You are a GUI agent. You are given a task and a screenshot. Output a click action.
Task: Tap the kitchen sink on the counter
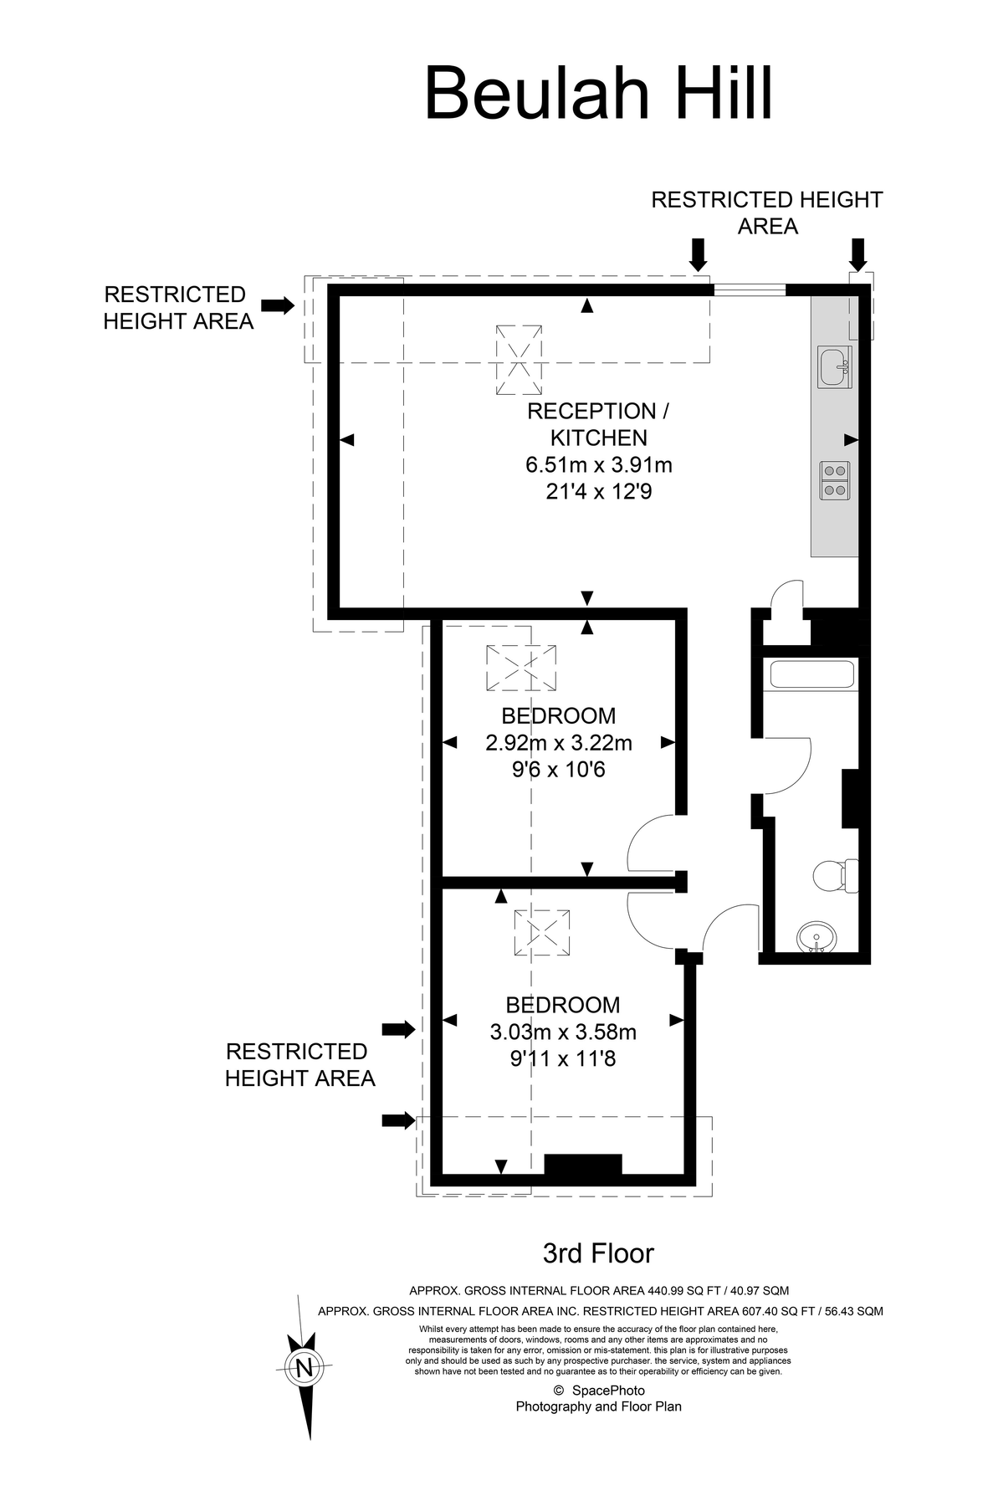point(834,368)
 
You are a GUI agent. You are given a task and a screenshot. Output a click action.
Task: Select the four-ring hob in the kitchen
point(834,480)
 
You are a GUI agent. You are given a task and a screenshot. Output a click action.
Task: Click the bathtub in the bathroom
point(811,675)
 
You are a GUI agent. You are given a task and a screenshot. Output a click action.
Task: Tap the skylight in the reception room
point(519,361)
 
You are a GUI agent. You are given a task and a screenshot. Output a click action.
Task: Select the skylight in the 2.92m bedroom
point(521,668)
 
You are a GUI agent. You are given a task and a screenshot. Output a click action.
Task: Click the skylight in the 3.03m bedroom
point(543,933)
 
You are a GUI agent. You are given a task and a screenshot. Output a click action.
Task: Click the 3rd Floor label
point(598,1252)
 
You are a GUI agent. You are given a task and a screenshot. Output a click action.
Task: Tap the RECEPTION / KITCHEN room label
point(598,424)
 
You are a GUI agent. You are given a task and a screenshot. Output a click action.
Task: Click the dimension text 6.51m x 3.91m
point(598,465)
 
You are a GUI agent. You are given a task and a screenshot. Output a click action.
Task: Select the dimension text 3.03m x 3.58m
point(563,1032)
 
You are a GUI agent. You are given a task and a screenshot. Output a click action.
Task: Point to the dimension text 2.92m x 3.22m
point(558,742)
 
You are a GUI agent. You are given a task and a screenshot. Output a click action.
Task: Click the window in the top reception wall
point(750,290)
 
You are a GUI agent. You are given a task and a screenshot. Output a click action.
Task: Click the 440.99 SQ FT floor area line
point(598,1290)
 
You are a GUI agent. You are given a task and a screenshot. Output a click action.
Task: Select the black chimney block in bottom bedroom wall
point(583,1165)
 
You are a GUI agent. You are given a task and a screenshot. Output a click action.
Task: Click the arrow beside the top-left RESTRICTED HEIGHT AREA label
point(279,305)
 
